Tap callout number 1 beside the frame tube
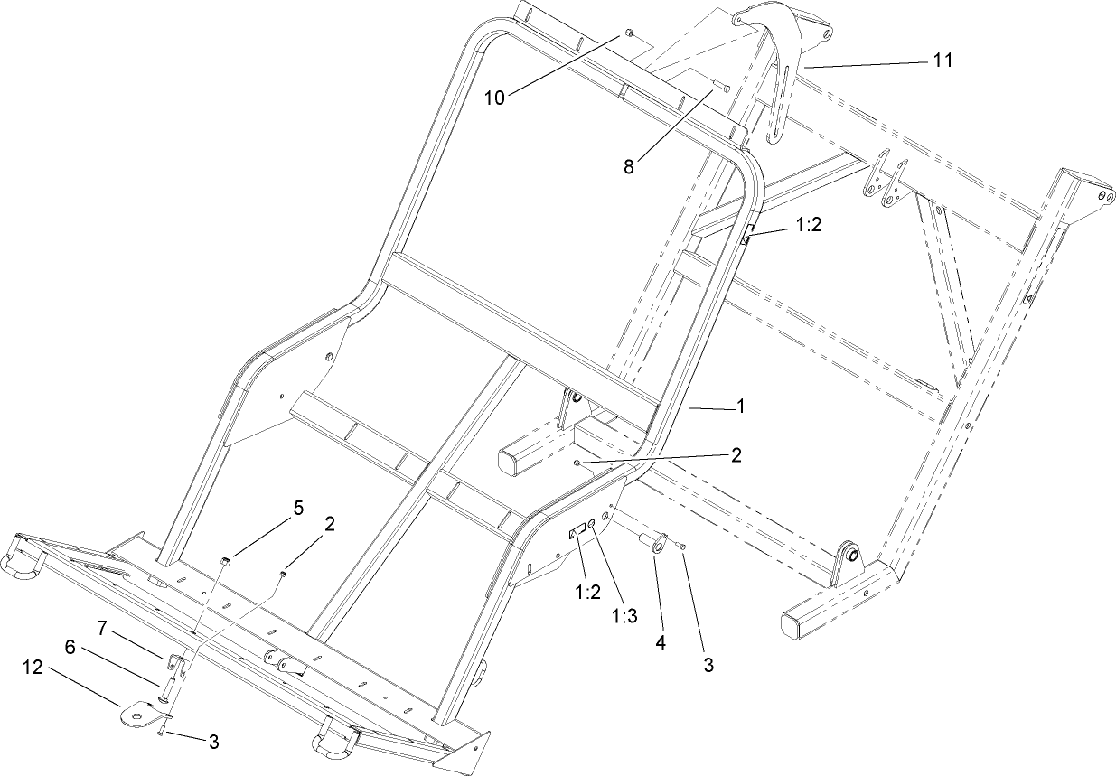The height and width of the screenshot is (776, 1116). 741,407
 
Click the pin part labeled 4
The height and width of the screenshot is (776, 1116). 654,547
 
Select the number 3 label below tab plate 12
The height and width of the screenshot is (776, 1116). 213,743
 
